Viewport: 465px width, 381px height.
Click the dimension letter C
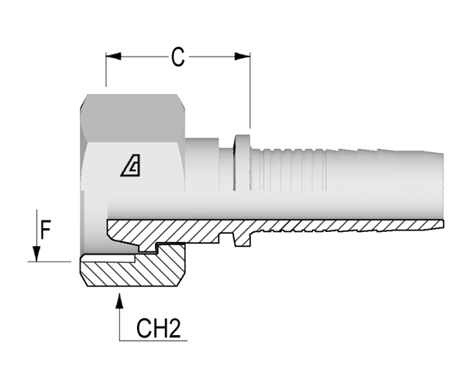point(178,57)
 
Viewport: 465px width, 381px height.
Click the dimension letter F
point(46,229)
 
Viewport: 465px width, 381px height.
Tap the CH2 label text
point(159,328)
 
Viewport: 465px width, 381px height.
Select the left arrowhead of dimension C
point(113,56)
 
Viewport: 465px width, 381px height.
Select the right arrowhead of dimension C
point(243,56)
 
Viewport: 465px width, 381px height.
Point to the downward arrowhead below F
point(36,254)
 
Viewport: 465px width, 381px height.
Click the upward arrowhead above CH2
point(119,300)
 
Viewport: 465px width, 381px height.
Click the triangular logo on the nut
point(131,165)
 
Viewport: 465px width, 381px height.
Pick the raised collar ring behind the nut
point(242,162)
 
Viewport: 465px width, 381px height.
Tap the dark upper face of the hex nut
point(133,118)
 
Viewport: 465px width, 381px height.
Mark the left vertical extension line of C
point(106,70)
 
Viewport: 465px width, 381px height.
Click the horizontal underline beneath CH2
point(153,341)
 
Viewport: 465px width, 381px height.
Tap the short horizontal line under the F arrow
point(50,262)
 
